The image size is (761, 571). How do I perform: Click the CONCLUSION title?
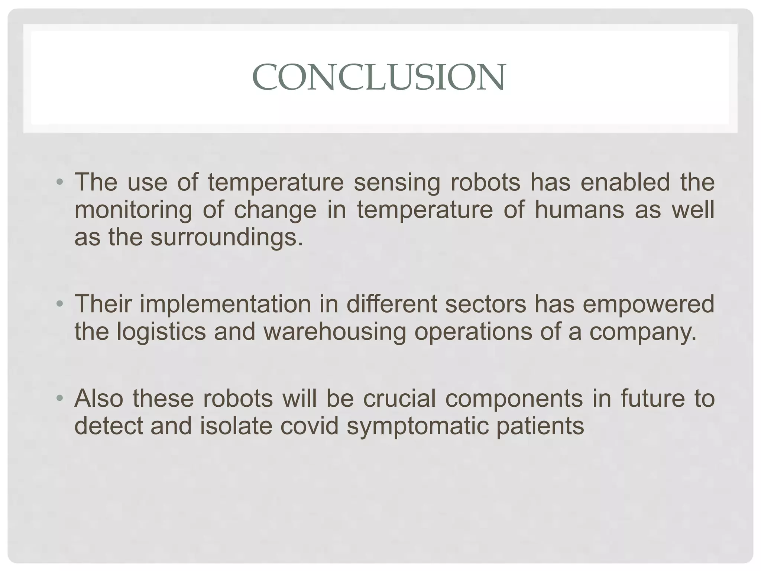click(379, 77)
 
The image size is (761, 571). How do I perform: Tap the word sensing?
click(396, 183)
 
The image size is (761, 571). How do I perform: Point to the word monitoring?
click(133, 210)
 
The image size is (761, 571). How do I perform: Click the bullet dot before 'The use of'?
click(59, 183)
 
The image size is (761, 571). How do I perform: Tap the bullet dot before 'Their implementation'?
click(59, 304)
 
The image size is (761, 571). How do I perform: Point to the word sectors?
click(486, 304)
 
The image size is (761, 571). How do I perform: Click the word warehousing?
click(335, 332)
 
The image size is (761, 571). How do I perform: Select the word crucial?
click(399, 399)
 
